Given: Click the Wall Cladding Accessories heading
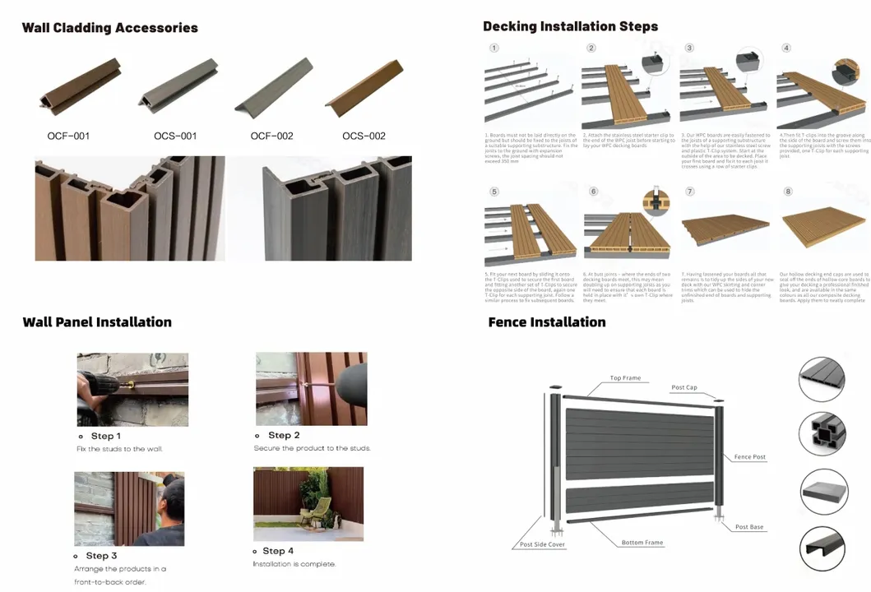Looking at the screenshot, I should click(x=109, y=28).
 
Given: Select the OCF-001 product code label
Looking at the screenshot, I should click(x=68, y=136).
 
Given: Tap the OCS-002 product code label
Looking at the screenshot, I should click(x=364, y=136).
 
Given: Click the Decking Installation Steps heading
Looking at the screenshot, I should click(x=570, y=26).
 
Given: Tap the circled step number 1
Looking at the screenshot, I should click(x=493, y=48).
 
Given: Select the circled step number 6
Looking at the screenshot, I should click(x=593, y=192).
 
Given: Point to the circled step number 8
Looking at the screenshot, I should click(x=787, y=192).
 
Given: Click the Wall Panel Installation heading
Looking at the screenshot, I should click(x=97, y=321).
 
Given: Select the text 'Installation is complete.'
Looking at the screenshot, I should click(x=294, y=564).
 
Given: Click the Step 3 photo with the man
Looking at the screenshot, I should click(x=129, y=509).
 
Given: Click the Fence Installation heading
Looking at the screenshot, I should click(x=546, y=321).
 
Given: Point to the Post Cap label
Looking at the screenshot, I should click(x=683, y=387).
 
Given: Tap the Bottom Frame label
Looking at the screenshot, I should click(x=642, y=543).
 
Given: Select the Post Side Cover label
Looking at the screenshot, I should click(x=542, y=544).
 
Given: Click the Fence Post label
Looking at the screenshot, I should click(x=749, y=456).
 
